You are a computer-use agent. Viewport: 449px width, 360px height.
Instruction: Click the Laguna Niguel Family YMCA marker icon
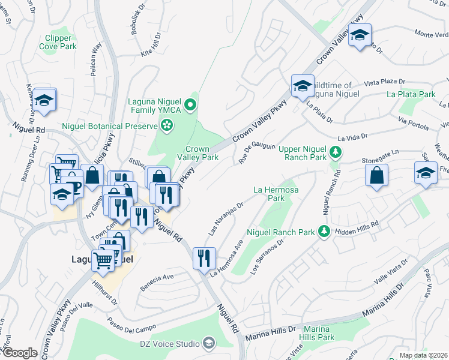(x=190, y=106)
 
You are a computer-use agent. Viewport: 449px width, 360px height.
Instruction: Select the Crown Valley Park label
(x=197, y=153)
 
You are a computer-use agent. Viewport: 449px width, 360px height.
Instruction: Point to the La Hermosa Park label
(x=276, y=193)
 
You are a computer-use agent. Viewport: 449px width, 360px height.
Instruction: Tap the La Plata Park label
(x=411, y=94)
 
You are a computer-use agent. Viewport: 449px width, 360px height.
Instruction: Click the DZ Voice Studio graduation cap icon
(x=209, y=344)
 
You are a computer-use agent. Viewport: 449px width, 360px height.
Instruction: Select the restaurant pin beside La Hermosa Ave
(x=204, y=258)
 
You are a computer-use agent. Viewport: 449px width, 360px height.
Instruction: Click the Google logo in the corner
(x=19, y=353)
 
